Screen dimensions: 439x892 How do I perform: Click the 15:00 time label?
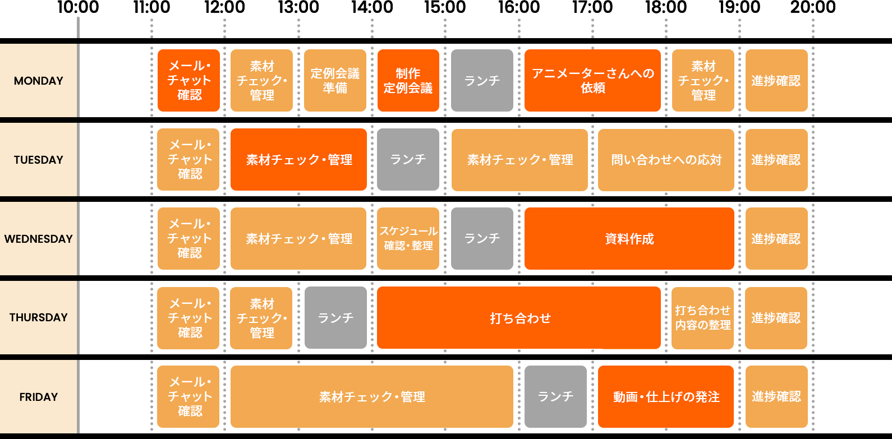(x=445, y=8)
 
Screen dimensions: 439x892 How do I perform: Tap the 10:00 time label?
(x=78, y=8)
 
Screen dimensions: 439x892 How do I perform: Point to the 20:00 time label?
(x=813, y=8)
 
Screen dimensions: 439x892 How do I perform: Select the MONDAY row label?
(x=39, y=81)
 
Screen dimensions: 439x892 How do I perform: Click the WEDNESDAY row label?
(x=39, y=239)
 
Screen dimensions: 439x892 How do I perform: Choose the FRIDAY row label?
(x=39, y=397)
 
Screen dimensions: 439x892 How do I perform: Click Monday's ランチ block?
(x=482, y=81)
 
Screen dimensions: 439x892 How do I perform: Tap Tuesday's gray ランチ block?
(x=408, y=160)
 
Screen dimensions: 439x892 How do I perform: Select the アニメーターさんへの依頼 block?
(x=592, y=81)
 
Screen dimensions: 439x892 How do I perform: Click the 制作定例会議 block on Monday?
(x=408, y=81)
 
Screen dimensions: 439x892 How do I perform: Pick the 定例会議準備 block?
(x=335, y=81)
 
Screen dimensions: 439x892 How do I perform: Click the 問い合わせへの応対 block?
(x=666, y=160)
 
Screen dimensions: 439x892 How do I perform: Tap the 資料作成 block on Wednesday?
(x=629, y=239)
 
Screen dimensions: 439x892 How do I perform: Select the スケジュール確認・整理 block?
(x=408, y=239)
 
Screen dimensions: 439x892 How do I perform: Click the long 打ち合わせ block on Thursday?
(x=519, y=318)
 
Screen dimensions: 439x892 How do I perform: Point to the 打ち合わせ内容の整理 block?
(x=702, y=318)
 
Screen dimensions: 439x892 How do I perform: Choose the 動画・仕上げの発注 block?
(x=666, y=397)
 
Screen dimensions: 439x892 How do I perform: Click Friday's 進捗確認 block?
(x=776, y=397)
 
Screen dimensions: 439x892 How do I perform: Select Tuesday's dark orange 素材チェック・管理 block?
(x=298, y=160)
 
